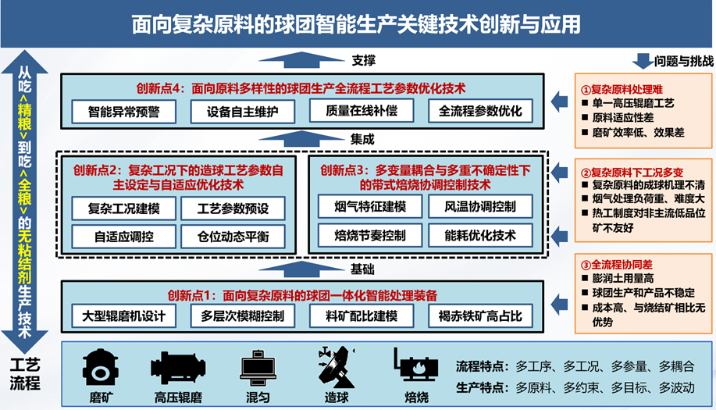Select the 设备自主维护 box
[x=243, y=111]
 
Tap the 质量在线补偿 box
[x=362, y=111]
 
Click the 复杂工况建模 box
[x=123, y=209]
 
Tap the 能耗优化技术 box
[x=480, y=234]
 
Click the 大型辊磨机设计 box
[x=123, y=316]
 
